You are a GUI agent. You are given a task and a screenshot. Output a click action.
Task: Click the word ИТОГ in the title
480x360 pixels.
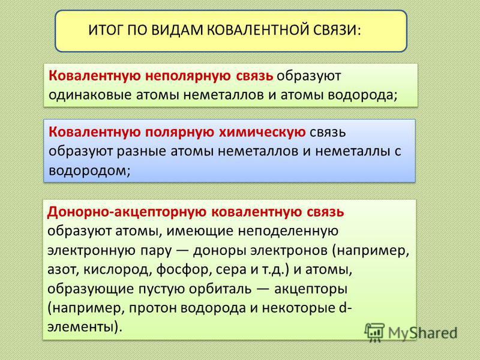pyautogui.click(x=106, y=31)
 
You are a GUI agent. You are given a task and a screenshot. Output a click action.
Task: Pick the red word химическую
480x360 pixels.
pyautogui.click(x=262, y=132)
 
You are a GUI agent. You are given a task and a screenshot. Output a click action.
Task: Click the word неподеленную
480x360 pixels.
pyautogui.click(x=288, y=231)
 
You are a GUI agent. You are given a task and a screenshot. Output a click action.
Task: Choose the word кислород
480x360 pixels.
pyautogui.click(x=118, y=269)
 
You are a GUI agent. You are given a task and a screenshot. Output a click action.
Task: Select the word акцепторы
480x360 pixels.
pyautogui.click(x=310, y=289)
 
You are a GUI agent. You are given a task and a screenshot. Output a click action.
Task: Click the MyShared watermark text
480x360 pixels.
pyautogui.click(x=422, y=333)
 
